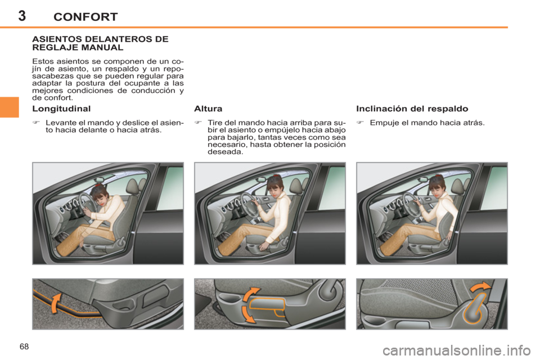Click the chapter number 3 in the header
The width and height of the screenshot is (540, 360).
pos(21,15)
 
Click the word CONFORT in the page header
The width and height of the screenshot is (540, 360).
pos(85,17)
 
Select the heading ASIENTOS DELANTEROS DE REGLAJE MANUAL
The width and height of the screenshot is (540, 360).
pos(100,43)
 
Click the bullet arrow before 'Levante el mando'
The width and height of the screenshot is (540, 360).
pos(36,122)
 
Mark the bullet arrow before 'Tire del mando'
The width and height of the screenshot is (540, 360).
pos(198,122)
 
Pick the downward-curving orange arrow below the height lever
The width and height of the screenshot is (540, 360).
pos(248,313)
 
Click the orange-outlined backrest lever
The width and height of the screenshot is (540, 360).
pos(475,308)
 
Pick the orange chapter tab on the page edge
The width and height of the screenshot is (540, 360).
pos(10,107)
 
